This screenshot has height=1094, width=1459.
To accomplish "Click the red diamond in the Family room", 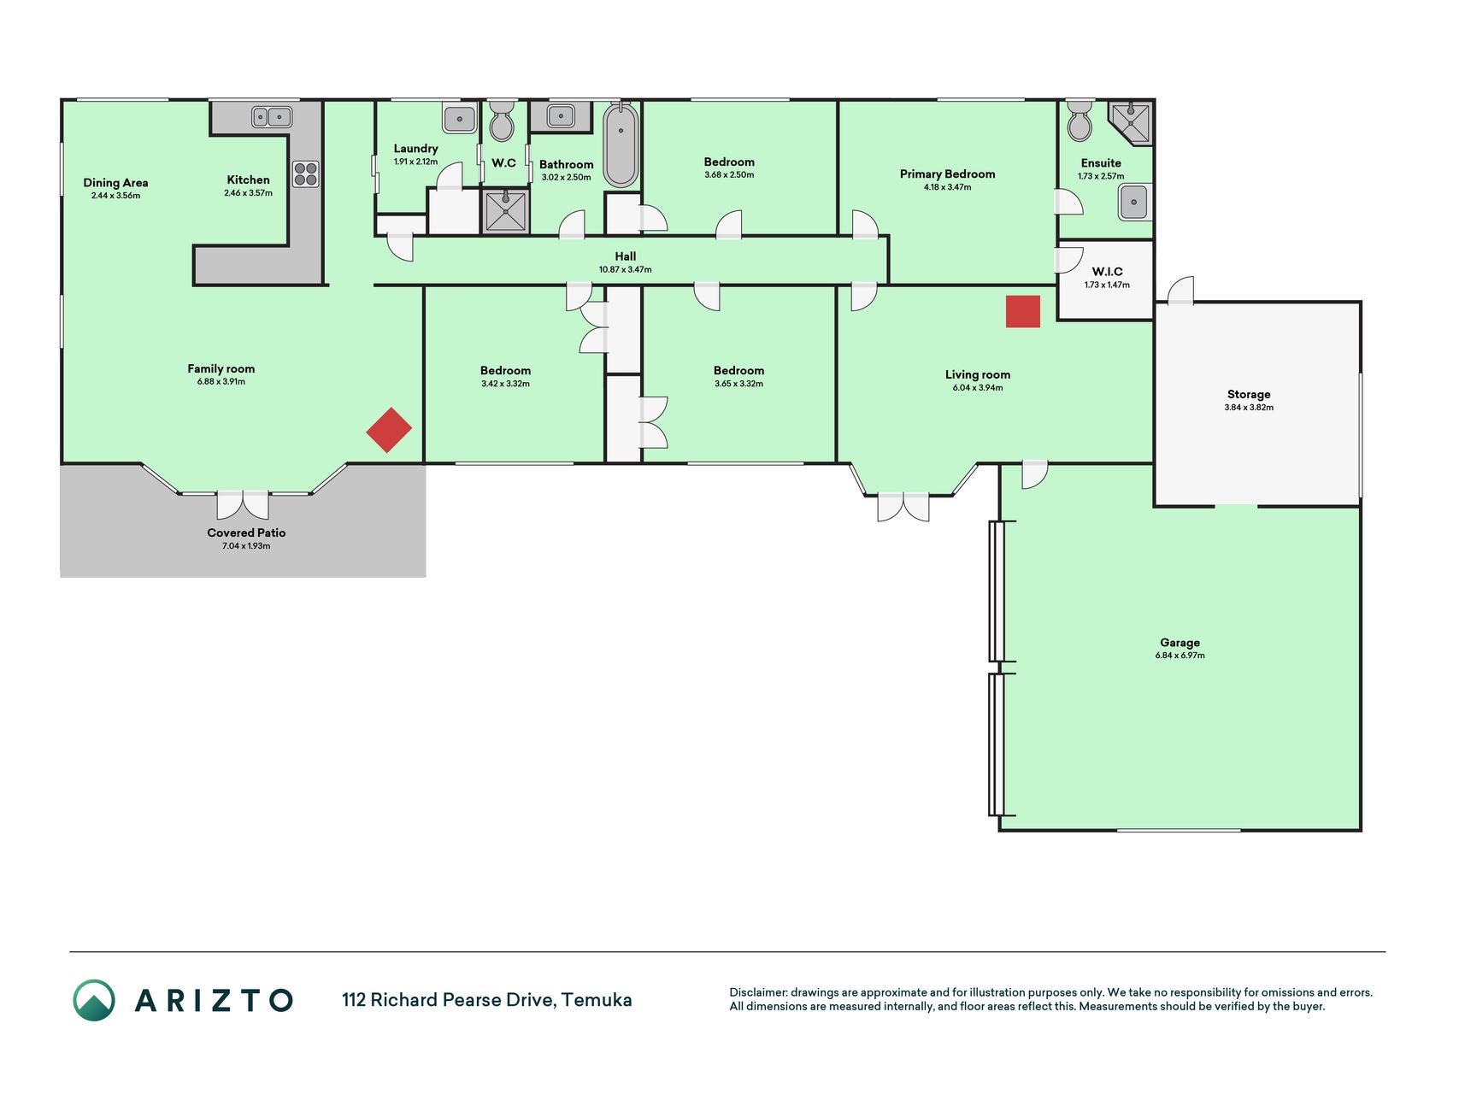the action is coord(389,430).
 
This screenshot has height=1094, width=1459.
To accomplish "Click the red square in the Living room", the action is coord(1022,311).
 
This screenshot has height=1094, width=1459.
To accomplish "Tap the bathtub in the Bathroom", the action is coord(621,145).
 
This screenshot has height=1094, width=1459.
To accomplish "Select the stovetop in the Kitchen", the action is coord(306,174).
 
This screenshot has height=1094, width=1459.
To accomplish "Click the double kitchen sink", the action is coord(272,116).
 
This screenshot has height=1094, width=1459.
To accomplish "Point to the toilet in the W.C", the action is coord(502,121).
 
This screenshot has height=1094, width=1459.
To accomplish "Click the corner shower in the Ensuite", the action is coord(1131,123).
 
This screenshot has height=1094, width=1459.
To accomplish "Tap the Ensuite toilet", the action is coord(1080,121).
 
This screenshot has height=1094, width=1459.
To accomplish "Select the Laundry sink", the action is coord(459,118).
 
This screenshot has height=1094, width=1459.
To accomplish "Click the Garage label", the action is coord(1180,643).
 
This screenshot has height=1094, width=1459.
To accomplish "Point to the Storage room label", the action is coord(1249,394).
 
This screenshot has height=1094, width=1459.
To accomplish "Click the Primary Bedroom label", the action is coord(947,174).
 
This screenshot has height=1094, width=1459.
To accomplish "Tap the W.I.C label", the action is coord(1107,272).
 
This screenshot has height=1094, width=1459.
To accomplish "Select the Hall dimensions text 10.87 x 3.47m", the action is coord(625,269).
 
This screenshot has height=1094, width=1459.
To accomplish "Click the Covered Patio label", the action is coord(246,532).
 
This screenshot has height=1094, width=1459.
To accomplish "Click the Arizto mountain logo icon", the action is coord(94,1000).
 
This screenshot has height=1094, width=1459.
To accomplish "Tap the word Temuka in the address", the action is coord(597,1000).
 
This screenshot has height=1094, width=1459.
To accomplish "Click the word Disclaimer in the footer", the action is coord(757,992).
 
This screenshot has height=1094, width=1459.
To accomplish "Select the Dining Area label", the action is coord(115,182).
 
